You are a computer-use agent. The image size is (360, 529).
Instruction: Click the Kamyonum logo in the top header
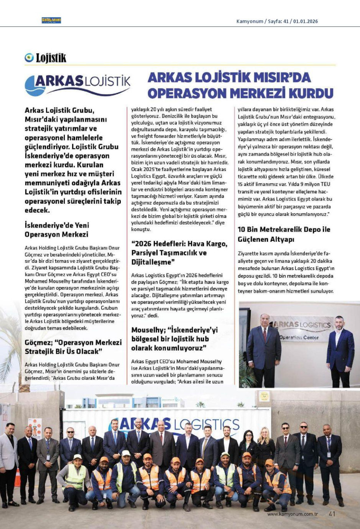[x=51, y=20]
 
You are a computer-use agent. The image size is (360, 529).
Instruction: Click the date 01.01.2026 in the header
[x=306, y=21]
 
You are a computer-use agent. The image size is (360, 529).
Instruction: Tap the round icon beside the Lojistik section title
[x=29, y=58]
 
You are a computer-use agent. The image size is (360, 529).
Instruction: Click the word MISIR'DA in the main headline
[x=279, y=77]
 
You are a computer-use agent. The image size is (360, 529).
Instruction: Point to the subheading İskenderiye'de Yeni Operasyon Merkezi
[x=57, y=230]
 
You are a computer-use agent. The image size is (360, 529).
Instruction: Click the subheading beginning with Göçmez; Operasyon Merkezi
[x=73, y=347]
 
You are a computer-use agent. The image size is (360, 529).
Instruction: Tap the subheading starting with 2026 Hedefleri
[x=179, y=253]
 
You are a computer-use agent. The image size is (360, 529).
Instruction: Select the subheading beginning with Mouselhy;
[x=174, y=339]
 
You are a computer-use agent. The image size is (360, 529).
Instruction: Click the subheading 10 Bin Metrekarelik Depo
[x=284, y=234]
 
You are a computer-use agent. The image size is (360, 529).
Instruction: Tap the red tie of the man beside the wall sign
[x=264, y=335]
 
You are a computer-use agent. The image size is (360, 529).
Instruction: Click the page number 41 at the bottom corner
[x=332, y=513]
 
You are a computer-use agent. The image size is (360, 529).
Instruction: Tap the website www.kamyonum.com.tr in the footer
[x=292, y=514]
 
